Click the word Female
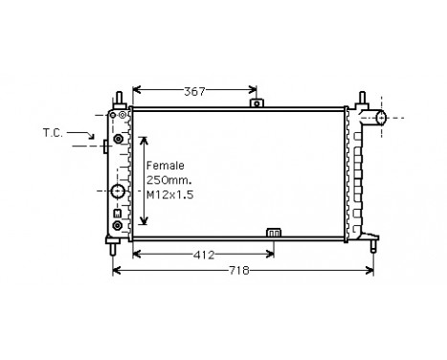click(x=164, y=166)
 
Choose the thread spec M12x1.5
click(x=168, y=194)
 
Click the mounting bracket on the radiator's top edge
click(x=255, y=102)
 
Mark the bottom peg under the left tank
click(x=114, y=246)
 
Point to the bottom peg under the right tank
click(x=372, y=244)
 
